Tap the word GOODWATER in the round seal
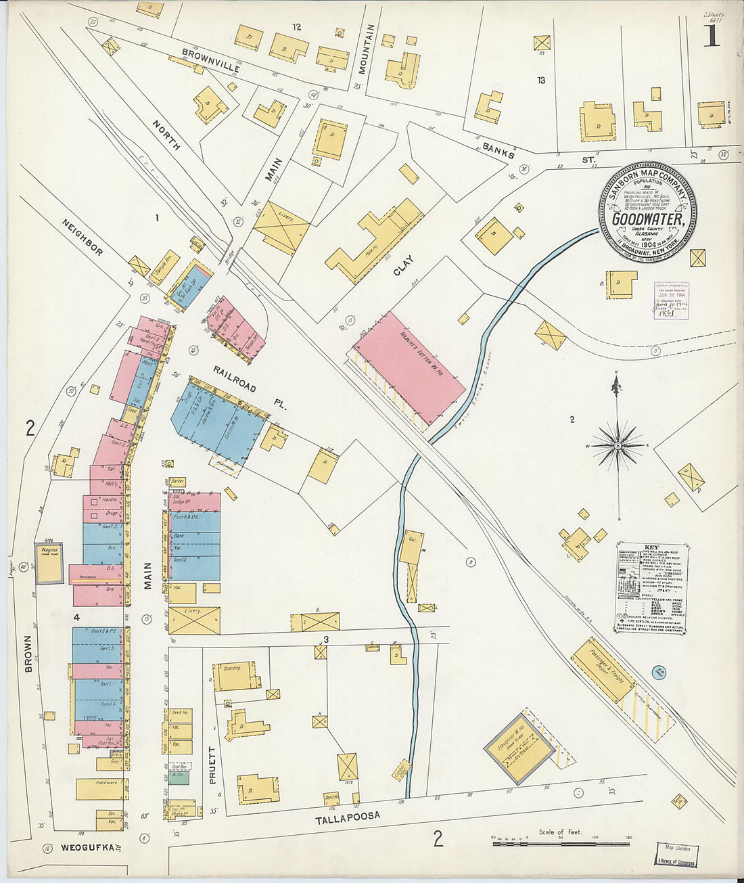coord(647,219)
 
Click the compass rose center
coord(617,446)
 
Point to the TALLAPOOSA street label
coord(348,818)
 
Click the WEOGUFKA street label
coord(86,847)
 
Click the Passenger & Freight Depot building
coord(603,669)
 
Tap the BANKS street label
coord(498,150)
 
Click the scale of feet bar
coord(561,843)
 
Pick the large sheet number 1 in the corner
coord(711,35)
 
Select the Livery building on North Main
coord(281,228)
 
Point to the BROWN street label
coord(28,654)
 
